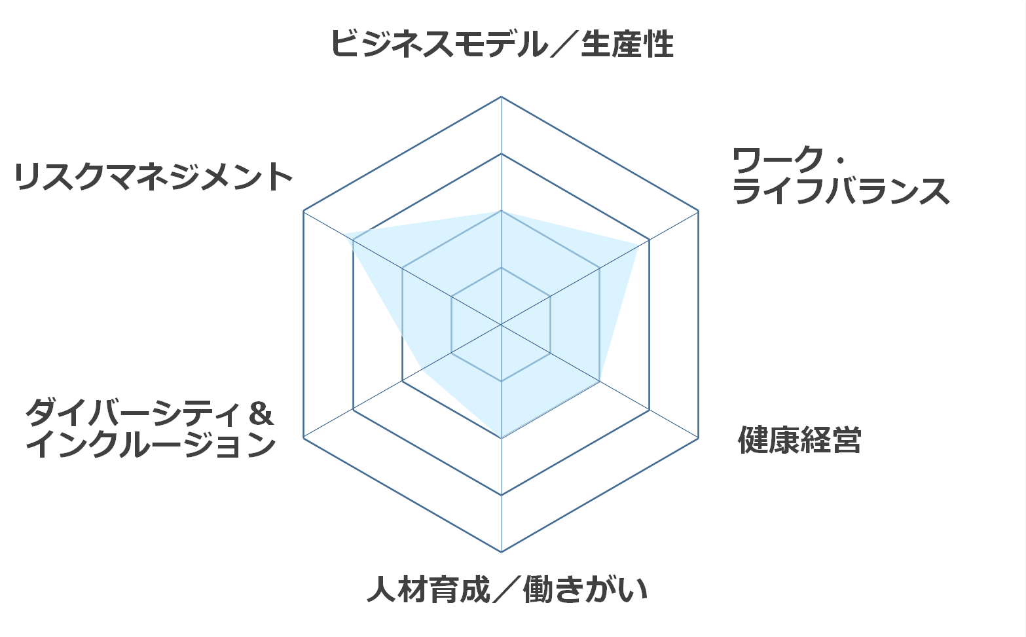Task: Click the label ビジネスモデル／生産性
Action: (x=502, y=44)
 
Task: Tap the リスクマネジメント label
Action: (x=153, y=177)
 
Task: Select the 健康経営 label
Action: (x=799, y=440)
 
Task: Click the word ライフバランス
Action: (x=841, y=191)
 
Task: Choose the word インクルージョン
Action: (x=151, y=445)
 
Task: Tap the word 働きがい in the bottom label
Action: (x=585, y=589)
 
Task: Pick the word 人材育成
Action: (x=428, y=589)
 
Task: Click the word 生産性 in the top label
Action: (x=627, y=44)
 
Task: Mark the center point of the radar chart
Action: (x=502, y=325)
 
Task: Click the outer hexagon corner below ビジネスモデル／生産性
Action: (x=502, y=97)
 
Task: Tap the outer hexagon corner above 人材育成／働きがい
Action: (x=502, y=552)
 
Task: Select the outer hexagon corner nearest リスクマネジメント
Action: (x=304, y=211)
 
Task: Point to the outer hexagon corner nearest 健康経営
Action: (x=699, y=438)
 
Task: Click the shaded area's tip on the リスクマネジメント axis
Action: (x=344, y=234)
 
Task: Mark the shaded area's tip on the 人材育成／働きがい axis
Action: (x=502, y=438)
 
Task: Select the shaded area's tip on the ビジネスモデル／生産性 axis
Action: (x=502, y=211)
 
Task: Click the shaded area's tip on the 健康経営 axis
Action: (x=600, y=382)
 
